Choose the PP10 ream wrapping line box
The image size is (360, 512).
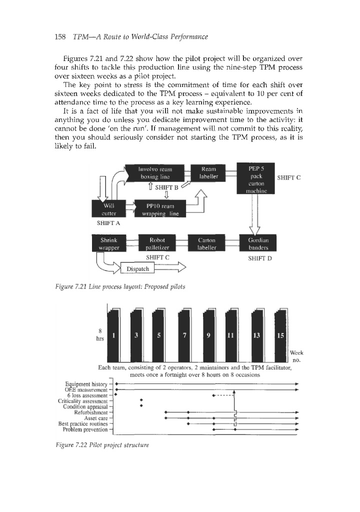click(x=160, y=208)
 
